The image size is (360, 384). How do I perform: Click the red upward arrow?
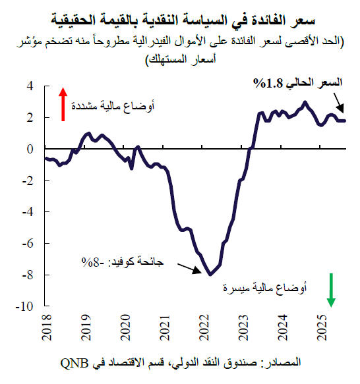pyautogui.click(x=63, y=104)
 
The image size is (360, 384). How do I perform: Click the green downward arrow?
pyautogui.click(x=331, y=292)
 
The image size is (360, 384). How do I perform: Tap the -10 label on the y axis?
pyautogui.click(x=26, y=306)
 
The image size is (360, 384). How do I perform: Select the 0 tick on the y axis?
pyautogui.click(x=30, y=150)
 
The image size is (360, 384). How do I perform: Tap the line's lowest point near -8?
pyautogui.click(x=210, y=274)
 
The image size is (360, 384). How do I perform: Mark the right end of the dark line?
pyautogui.click(x=344, y=121)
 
